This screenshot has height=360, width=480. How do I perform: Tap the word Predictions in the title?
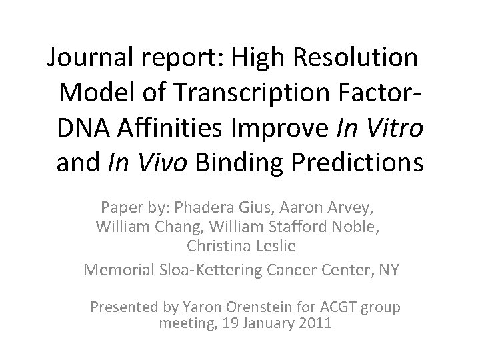point(361,163)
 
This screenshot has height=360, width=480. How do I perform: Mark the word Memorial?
point(119,269)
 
